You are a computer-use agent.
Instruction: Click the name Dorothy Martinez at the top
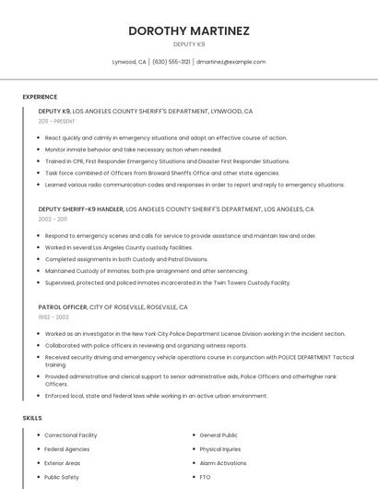[x=189, y=30]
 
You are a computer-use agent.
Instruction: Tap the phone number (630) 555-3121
[x=171, y=62]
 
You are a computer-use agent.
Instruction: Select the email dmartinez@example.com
[x=230, y=62]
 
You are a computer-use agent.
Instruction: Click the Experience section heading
[x=40, y=97]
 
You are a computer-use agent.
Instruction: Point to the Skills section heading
[x=32, y=418]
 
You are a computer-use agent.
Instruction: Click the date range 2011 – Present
[x=56, y=121]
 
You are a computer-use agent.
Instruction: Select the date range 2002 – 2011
[x=53, y=220]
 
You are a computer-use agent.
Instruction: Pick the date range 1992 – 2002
[x=53, y=317]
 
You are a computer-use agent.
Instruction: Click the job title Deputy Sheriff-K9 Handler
[x=81, y=209]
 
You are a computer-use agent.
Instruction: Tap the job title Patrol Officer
[x=63, y=307]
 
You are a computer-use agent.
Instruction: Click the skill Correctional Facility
[x=71, y=435]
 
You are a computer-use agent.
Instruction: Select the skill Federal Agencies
[x=66, y=449]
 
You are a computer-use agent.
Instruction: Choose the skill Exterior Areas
[x=63, y=463]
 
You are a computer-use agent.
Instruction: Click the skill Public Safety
[x=62, y=477]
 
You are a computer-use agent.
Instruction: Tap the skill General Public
[x=219, y=435]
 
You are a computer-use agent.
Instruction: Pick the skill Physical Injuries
[x=220, y=449]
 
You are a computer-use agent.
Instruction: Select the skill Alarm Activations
[x=223, y=463]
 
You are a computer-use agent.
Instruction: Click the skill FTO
[x=206, y=477]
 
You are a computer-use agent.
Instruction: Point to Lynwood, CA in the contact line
[x=129, y=62]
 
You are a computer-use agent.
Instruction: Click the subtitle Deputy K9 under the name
[x=189, y=44]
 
